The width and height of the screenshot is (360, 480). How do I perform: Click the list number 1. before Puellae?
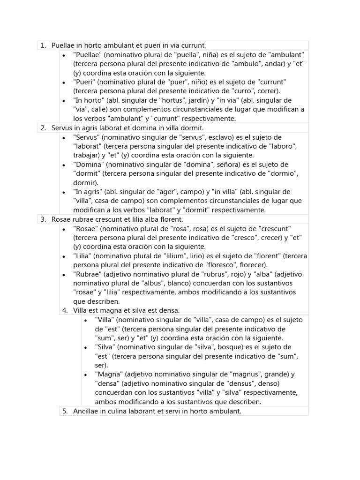point(43,45)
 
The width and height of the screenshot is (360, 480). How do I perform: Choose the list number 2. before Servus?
point(43,127)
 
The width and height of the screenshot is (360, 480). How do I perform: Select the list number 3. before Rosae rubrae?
point(43,219)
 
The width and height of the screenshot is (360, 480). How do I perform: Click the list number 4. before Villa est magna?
point(65,310)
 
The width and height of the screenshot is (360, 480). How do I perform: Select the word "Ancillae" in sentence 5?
point(87,411)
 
